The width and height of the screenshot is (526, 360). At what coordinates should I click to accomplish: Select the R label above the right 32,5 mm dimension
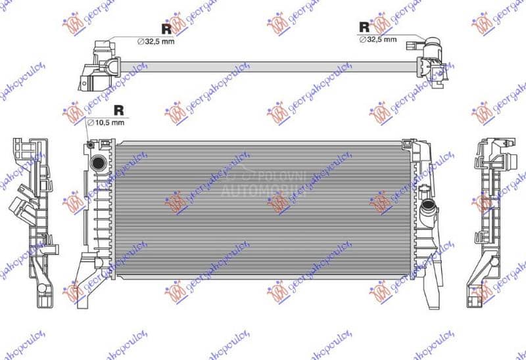pyautogui.click(x=364, y=26)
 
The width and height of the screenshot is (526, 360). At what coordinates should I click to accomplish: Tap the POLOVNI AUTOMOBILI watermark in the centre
pyautogui.click(x=263, y=184)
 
